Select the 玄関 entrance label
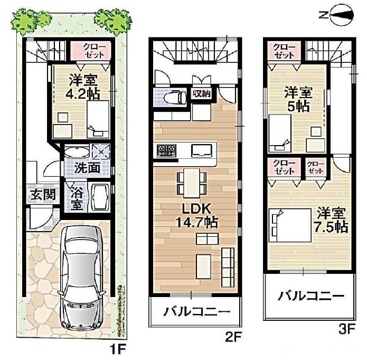43,194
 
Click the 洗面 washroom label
87,168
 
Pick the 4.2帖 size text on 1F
82,94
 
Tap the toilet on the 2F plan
175,97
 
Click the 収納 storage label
202,94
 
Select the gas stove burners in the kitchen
166,151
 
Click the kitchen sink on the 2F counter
202,151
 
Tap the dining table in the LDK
192,183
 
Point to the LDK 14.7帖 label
196,215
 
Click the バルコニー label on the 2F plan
196,311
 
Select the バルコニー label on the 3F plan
311,296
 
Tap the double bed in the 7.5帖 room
290,225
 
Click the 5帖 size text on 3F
298,107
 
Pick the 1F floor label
118,349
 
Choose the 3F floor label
346,329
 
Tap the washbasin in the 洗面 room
77,152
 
